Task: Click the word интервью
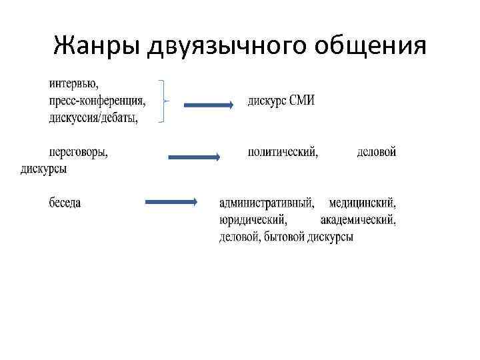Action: click(x=73, y=84)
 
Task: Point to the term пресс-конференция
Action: click(x=97, y=101)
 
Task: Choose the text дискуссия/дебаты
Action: click(x=93, y=118)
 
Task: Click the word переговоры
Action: click(x=79, y=152)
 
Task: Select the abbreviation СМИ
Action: click(x=301, y=101)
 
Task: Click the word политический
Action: click(x=283, y=152)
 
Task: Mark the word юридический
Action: click(x=253, y=219)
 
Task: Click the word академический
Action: click(x=358, y=219)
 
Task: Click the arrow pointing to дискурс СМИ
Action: click(x=208, y=105)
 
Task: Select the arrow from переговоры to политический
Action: click(x=193, y=157)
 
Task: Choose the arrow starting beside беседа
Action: click(x=170, y=201)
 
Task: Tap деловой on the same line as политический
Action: click(x=377, y=152)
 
